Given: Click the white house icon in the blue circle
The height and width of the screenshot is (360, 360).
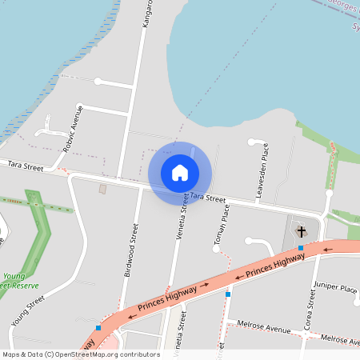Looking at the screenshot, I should [180, 173].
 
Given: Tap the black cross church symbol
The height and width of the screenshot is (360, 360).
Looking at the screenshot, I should [302, 232].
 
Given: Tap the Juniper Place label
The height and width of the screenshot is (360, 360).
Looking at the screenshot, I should [336, 288].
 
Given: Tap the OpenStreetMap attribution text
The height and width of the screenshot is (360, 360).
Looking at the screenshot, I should [80, 354].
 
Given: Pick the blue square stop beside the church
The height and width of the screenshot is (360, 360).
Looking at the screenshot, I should [301, 248].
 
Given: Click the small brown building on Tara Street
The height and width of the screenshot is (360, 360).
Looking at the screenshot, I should [102, 189].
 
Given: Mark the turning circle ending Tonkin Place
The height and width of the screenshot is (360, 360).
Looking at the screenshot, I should [216, 249].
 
